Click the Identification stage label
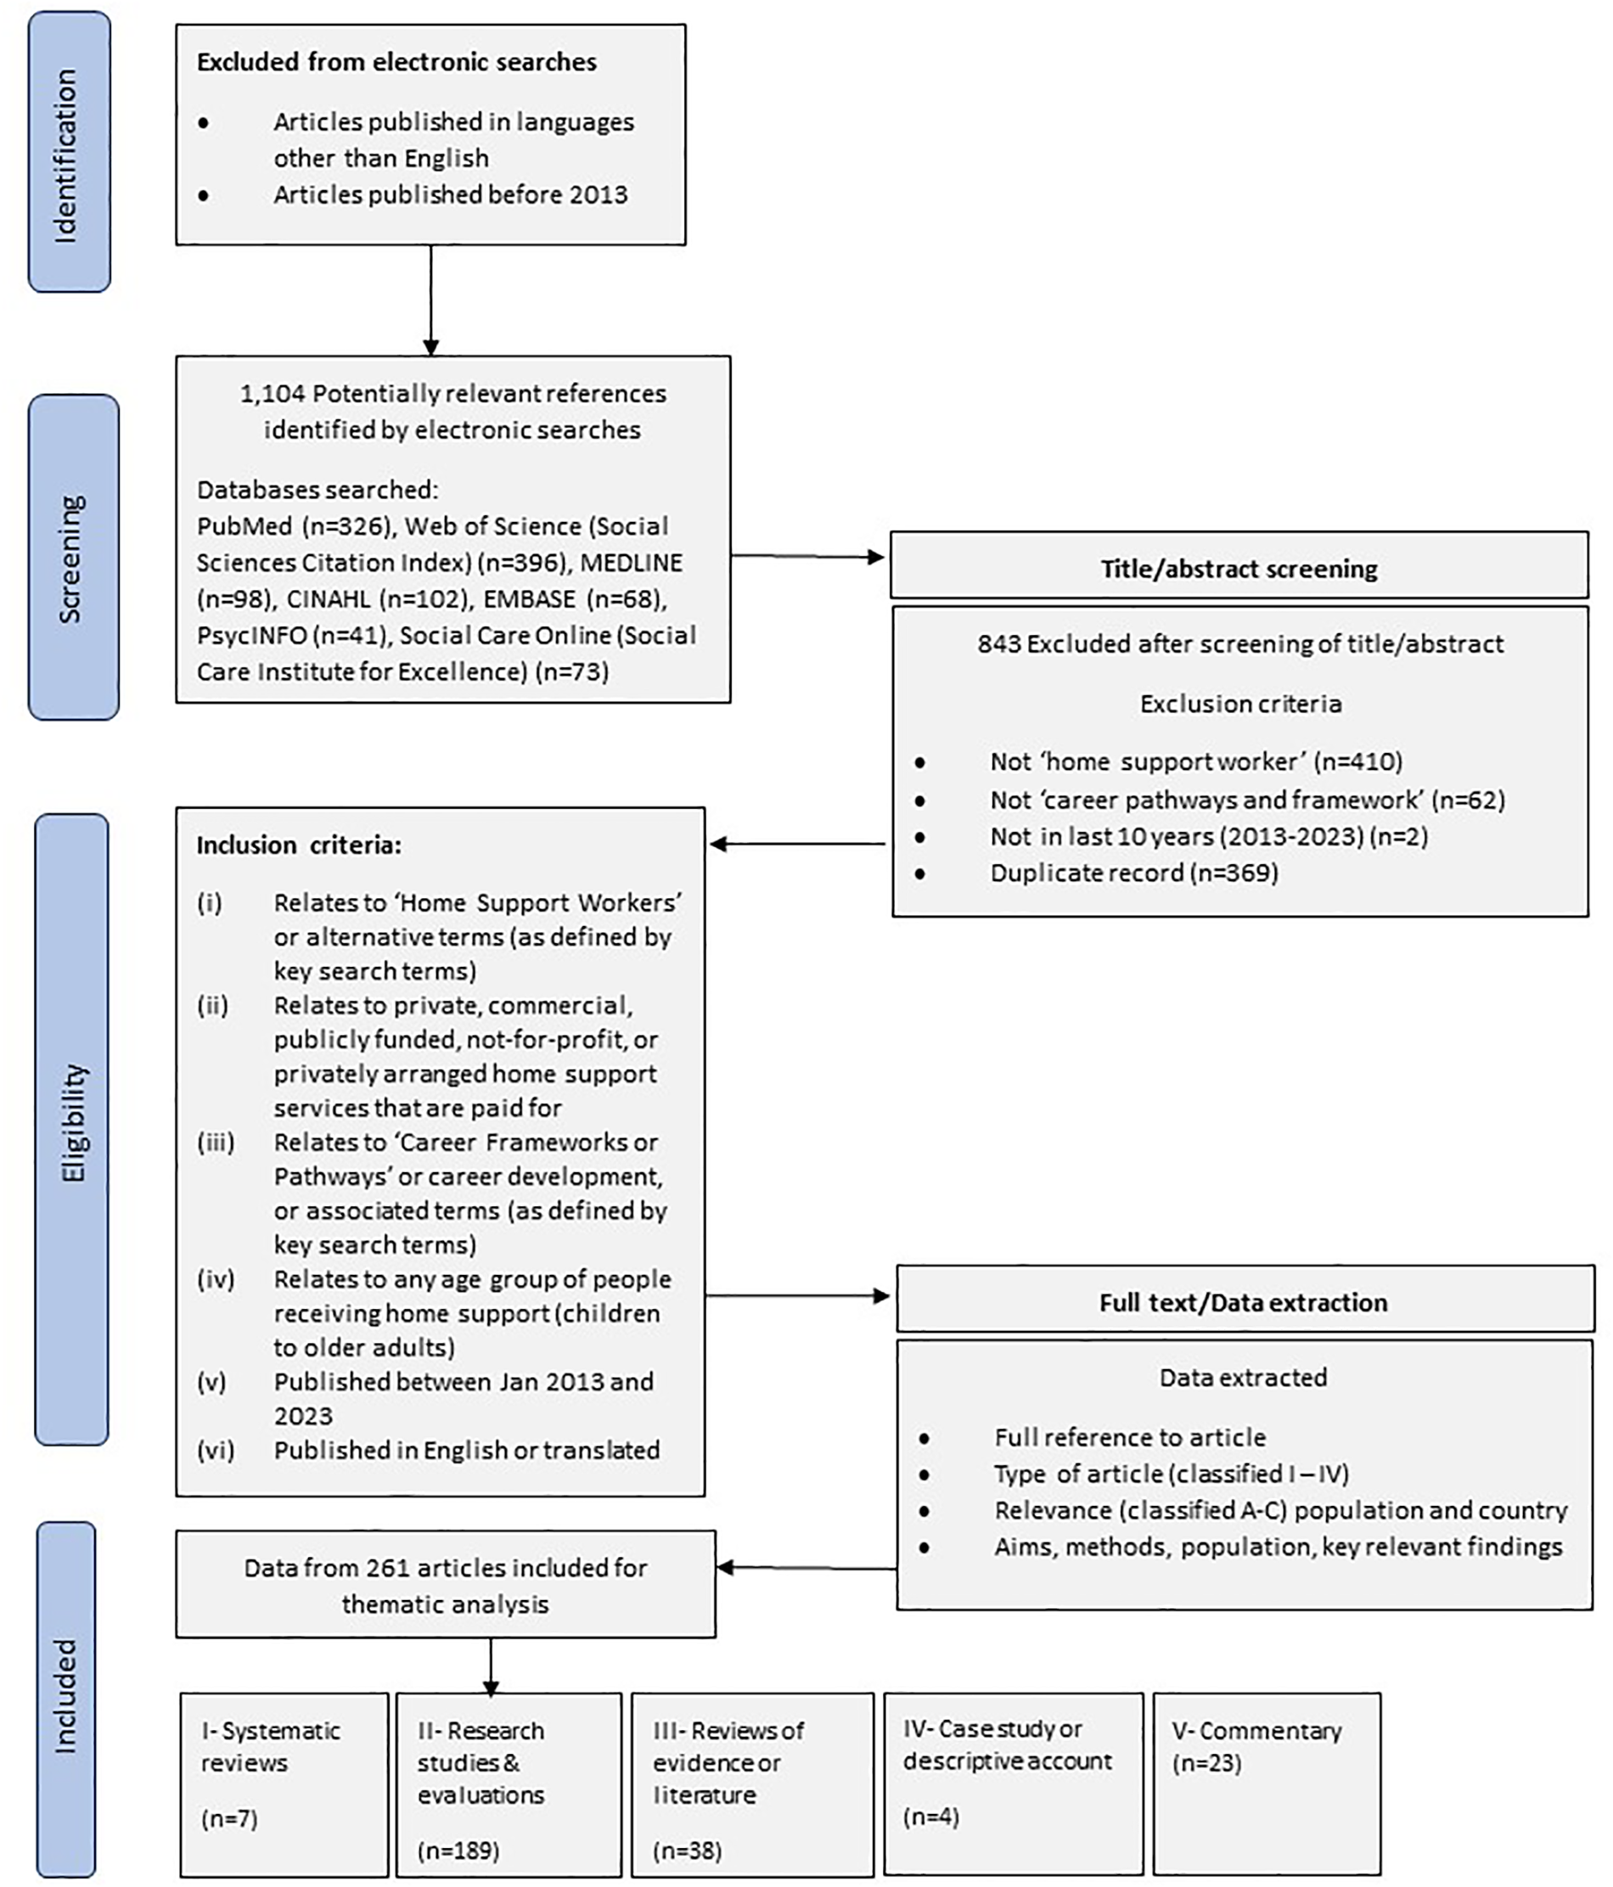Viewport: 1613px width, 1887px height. click(67, 153)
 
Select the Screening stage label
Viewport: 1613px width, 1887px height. click(71, 558)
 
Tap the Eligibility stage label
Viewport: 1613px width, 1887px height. click(73, 1122)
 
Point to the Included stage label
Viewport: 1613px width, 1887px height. click(65, 1696)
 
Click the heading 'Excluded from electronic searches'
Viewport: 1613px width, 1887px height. click(396, 62)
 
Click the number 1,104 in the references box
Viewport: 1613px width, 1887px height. click(272, 393)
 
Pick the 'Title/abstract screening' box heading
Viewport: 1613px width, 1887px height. click(1238, 570)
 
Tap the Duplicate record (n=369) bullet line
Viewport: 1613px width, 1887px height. click(1133, 873)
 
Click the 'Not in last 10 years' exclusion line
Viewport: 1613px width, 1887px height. click(1208, 836)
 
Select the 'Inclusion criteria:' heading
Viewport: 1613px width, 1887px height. click(299, 845)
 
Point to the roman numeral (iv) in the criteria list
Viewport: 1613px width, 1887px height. click(216, 1279)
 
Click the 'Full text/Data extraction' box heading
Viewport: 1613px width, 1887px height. click(1242, 1302)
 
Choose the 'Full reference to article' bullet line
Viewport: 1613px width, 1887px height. click(1129, 1437)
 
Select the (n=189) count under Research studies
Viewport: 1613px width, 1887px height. click(458, 1850)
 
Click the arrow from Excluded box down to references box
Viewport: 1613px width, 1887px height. click(430, 300)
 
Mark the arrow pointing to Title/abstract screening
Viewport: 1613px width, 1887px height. click(809, 557)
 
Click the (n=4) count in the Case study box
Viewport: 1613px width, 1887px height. click(930, 1817)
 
